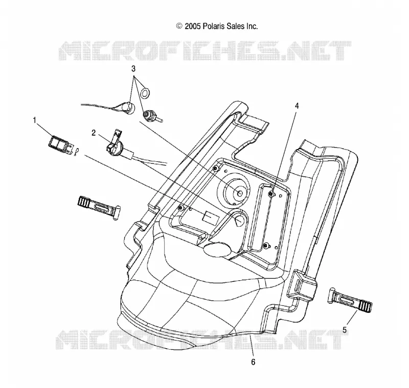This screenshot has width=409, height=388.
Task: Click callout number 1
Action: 34,120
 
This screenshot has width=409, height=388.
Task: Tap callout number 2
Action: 94,133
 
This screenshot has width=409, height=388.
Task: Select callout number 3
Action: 133,69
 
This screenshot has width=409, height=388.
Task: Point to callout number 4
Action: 297,106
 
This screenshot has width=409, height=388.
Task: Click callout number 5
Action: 345,330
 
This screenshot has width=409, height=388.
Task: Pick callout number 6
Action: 253,362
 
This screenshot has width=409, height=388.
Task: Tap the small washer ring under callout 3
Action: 145,93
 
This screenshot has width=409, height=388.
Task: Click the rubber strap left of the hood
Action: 99,207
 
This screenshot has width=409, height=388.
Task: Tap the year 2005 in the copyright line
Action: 193,27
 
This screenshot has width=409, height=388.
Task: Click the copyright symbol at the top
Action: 179,26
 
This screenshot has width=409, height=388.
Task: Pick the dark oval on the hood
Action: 217,250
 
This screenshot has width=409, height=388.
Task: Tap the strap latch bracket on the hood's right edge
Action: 302,284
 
